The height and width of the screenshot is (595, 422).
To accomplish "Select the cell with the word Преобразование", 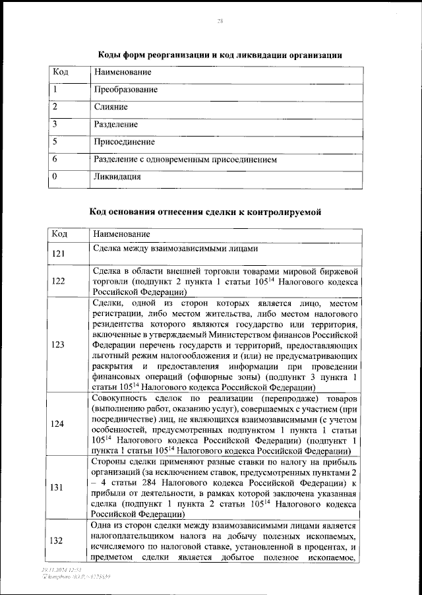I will tap(125, 89).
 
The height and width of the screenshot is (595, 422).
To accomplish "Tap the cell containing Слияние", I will tap(110, 107).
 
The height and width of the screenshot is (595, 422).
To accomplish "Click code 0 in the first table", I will tap(55, 176).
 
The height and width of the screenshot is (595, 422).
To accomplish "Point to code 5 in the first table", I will tap(55, 141).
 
